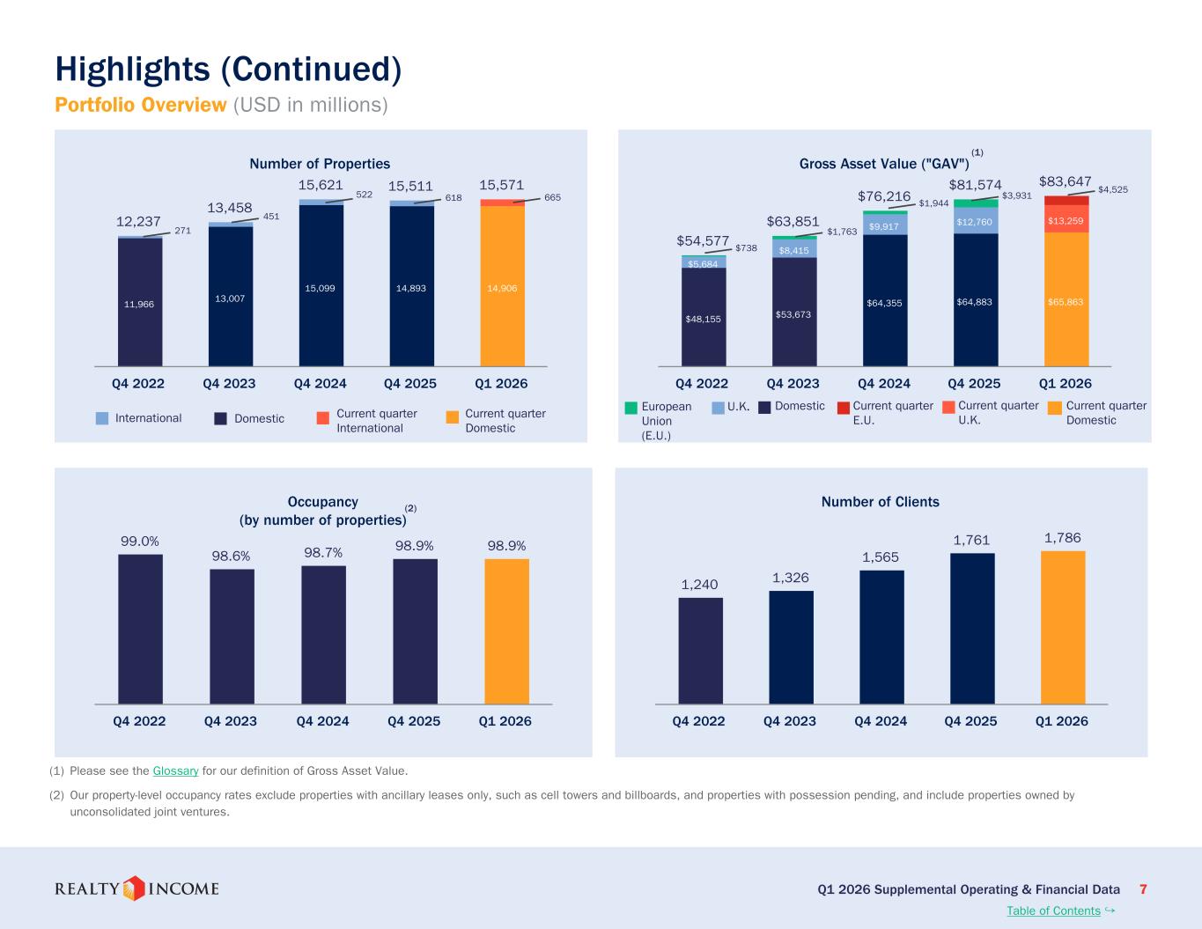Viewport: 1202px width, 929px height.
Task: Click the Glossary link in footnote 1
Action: (175, 770)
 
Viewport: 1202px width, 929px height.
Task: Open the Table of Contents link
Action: (1053, 911)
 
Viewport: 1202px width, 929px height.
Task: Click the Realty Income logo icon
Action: (134, 888)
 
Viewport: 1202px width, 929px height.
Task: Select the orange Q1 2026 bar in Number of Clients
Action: (1063, 628)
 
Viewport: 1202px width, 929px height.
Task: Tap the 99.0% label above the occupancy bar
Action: (140, 542)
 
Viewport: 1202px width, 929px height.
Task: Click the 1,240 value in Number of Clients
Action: (699, 585)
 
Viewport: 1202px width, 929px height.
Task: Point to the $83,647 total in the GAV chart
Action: (1065, 181)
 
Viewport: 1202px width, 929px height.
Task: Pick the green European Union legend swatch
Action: (630, 408)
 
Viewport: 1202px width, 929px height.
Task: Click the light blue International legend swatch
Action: (102, 418)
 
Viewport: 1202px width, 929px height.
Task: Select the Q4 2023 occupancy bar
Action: (232, 637)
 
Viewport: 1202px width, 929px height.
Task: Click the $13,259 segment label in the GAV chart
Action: (1066, 221)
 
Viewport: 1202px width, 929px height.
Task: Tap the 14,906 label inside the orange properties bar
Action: (502, 288)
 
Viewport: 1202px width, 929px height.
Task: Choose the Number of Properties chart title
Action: (320, 164)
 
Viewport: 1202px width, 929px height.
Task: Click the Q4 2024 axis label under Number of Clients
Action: (881, 721)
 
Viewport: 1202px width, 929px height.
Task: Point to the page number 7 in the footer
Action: (1143, 889)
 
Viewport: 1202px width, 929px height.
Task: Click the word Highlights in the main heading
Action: (132, 70)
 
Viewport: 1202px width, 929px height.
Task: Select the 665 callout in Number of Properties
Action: (553, 197)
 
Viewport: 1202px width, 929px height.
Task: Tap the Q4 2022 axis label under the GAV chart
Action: (702, 384)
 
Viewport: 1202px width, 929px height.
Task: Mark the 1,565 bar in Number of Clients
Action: (881, 637)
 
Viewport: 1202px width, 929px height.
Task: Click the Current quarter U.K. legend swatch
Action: (948, 408)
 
